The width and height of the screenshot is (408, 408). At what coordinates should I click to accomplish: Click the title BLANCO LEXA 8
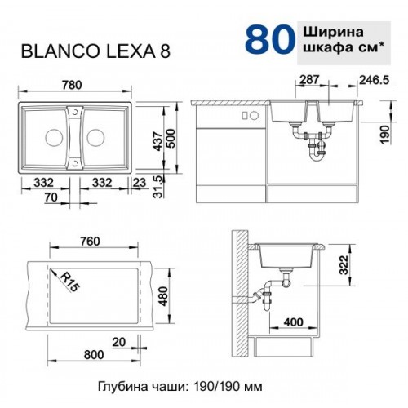[95, 51]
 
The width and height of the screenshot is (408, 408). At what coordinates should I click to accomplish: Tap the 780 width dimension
[71, 85]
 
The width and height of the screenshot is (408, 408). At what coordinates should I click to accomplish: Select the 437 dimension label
[157, 141]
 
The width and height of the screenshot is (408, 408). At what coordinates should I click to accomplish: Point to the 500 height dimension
[171, 139]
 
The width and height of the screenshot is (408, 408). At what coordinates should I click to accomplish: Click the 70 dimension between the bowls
[51, 197]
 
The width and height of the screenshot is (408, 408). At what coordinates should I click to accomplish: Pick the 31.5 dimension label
[158, 186]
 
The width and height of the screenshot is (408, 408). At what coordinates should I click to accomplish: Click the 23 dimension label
[140, 183]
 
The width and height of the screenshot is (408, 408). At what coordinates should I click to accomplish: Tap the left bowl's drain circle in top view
[54, 138]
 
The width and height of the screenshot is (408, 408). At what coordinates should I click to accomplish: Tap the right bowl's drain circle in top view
[95, 138]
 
